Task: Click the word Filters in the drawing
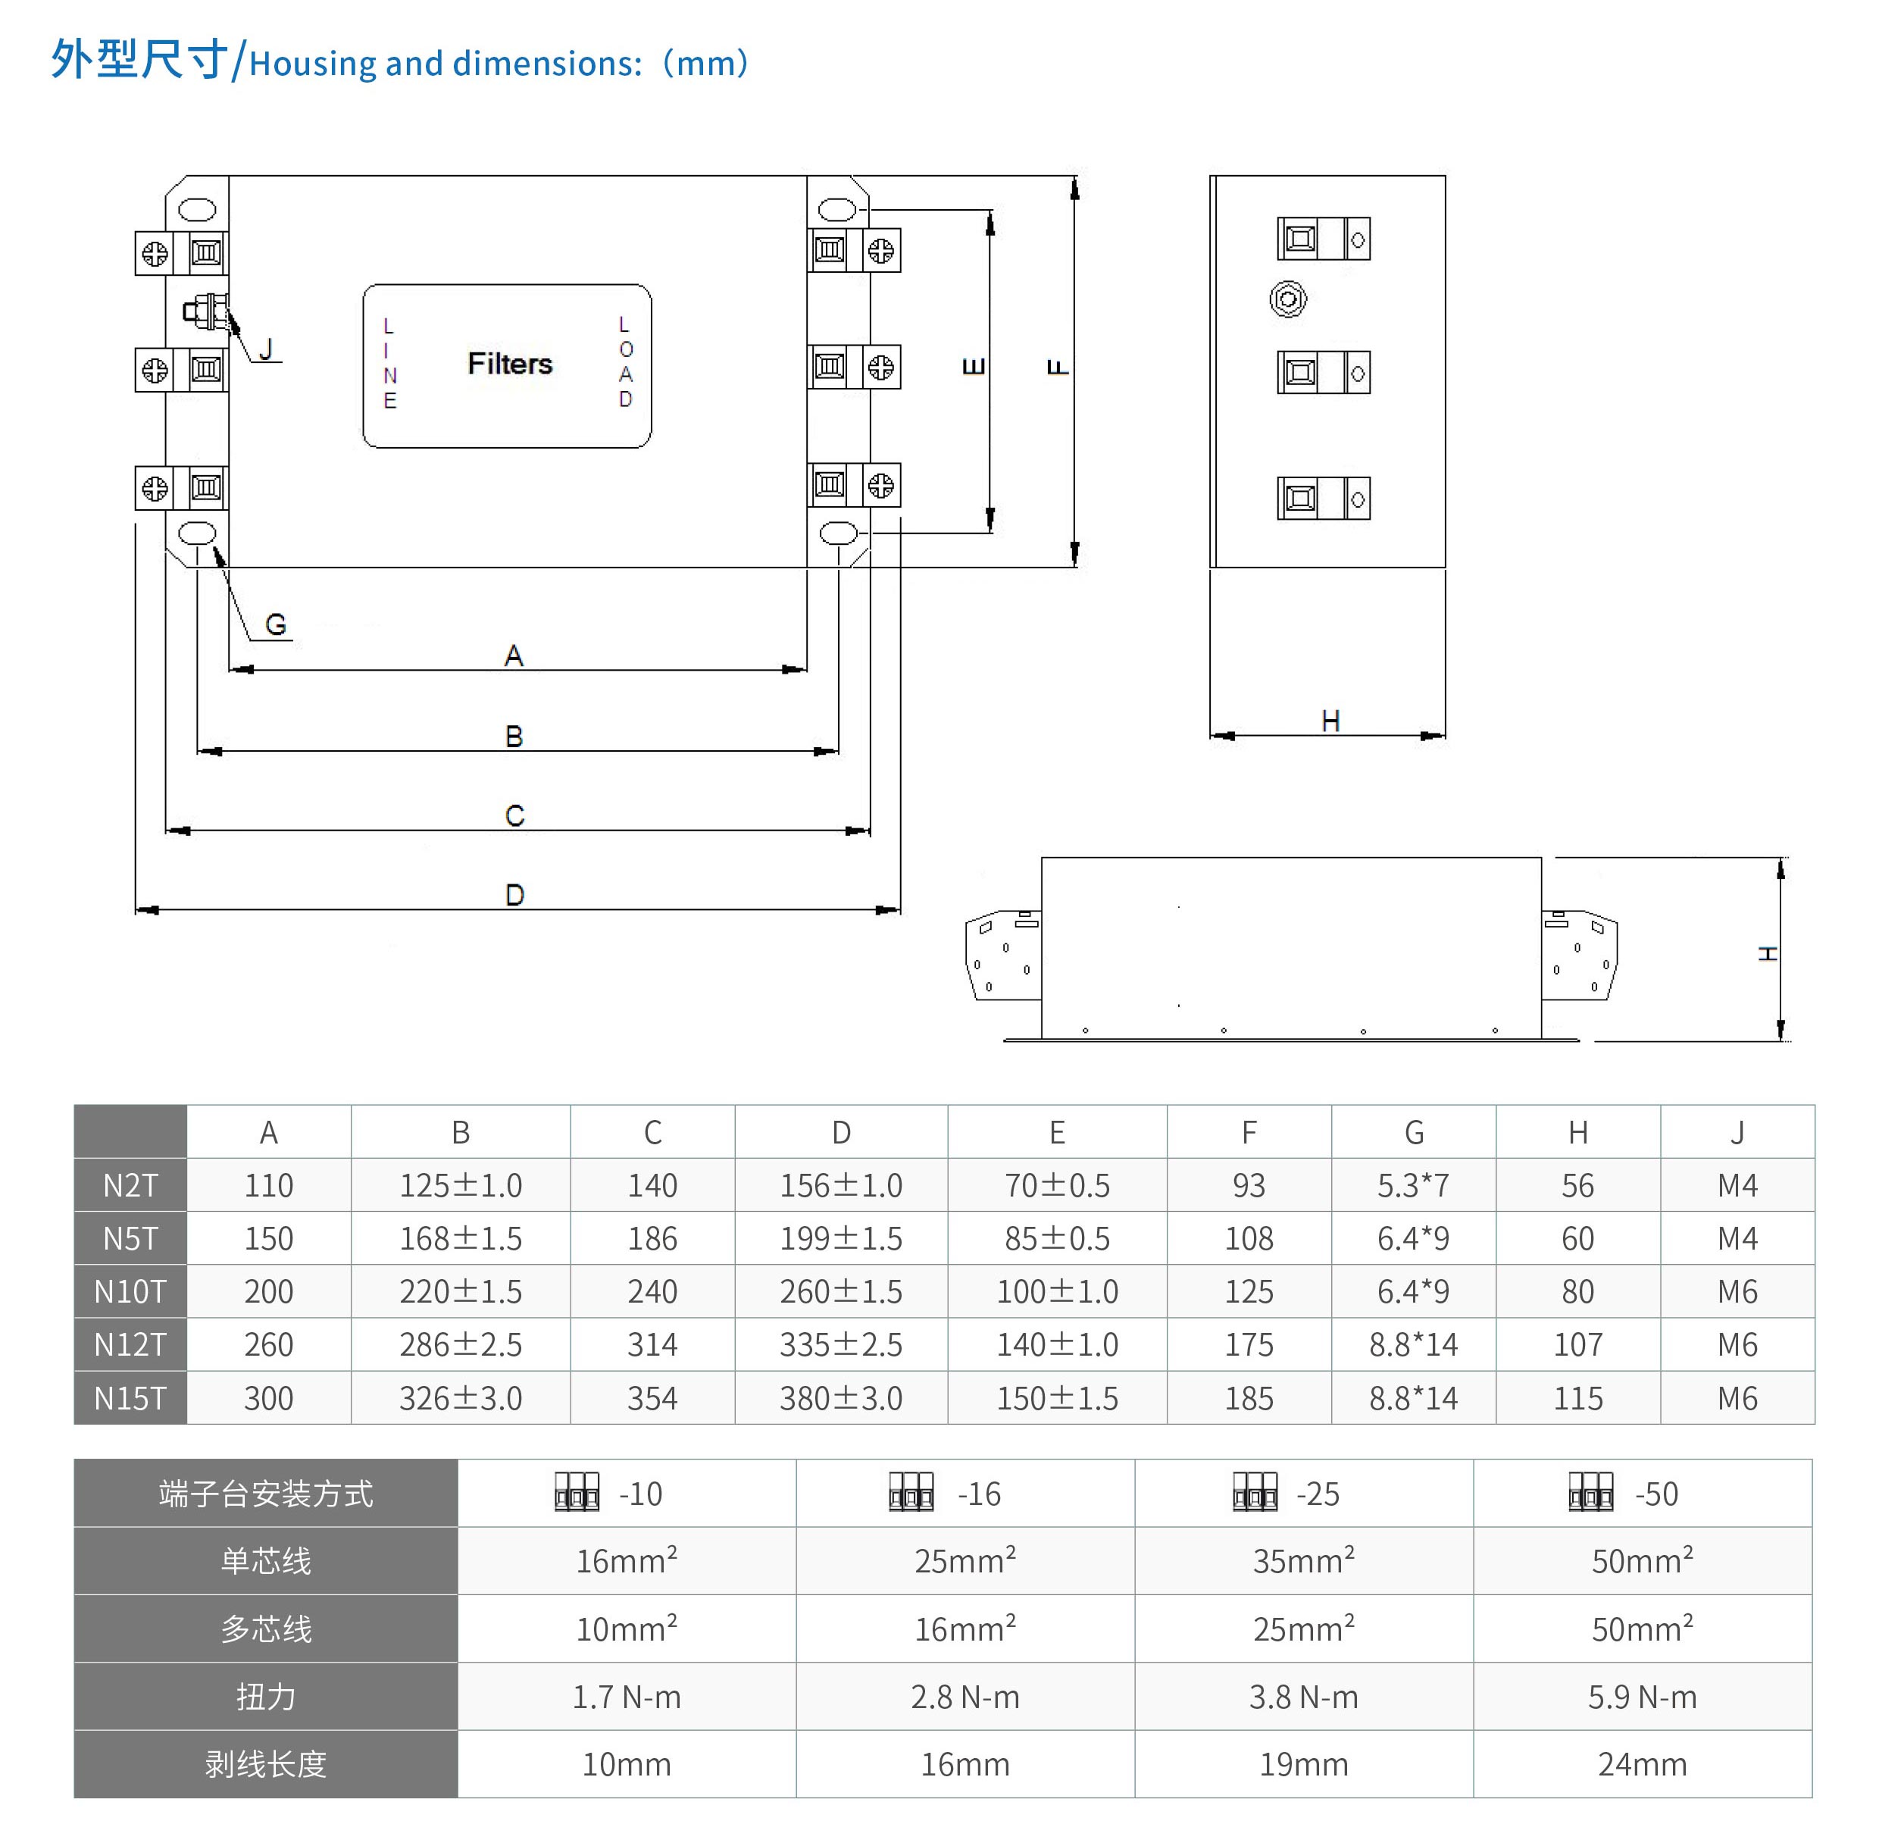pos(509,364)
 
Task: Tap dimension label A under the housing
pos(514,656)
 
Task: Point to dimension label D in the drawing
pos(514,895)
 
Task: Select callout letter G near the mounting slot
pos(276,625)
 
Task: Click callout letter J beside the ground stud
pos(267,349)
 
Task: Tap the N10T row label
pos(130,1292)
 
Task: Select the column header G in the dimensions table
pos(1413,1133)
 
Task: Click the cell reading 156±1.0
pos(841,1186)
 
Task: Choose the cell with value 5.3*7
pos(1413,1186)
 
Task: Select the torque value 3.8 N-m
pos(1303,1697)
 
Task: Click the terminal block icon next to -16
pos(911,1493)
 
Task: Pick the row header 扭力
pos(265,1697)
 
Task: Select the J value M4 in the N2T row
pos(1737,1186)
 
